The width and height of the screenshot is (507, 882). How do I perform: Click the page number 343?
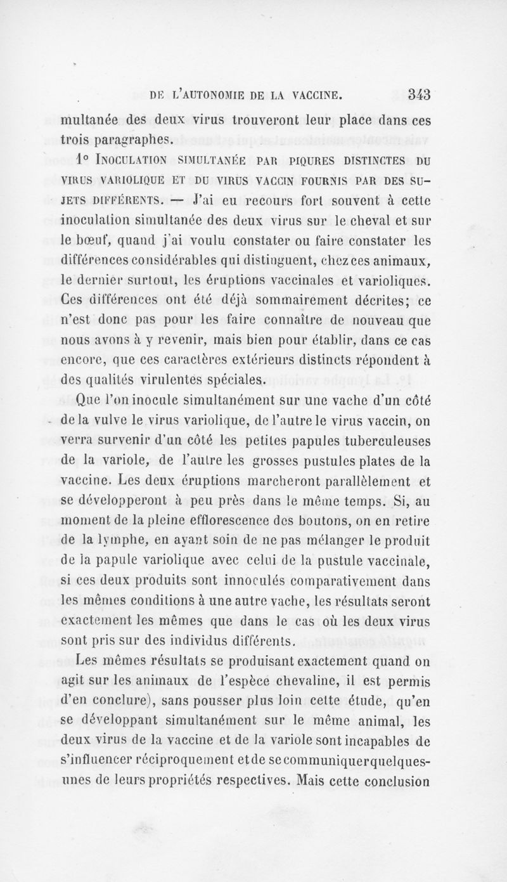click(419, 96)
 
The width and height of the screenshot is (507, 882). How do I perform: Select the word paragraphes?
click(131, 138)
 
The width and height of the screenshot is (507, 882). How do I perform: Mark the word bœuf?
click(94, 240)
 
